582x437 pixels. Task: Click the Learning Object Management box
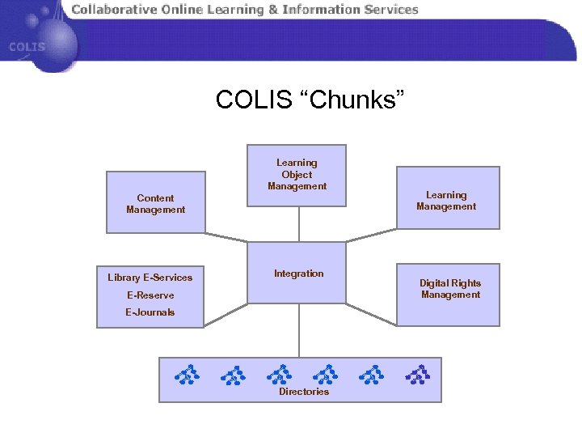[x=297, y=175]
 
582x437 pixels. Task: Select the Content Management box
[x=155, y=203]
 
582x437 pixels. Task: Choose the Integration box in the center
[x=298, y=274]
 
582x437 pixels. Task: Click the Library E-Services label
[x=150, y=278]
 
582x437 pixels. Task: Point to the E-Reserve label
[x=150, y=295]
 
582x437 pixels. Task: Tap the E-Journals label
[x=150, y=312]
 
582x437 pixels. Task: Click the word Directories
[x=304, y=392]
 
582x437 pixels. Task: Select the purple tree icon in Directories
[x=417, y=374]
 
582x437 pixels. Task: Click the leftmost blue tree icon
[x=187, y=374]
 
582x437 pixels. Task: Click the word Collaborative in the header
[x=114, y=10]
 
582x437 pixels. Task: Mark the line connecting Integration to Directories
[x=298, y=332]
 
